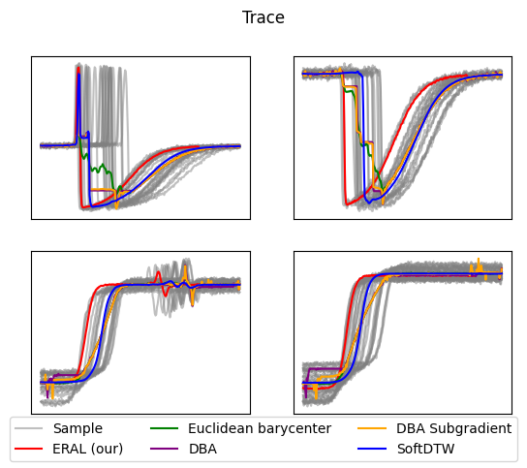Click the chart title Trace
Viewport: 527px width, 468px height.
263,17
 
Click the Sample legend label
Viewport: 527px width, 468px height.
77,428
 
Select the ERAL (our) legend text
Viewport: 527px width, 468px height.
88,449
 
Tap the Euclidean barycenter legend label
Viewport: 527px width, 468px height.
260,428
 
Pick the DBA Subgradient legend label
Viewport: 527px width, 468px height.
453,428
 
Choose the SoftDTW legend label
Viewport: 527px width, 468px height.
425,449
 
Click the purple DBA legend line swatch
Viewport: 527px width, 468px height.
164,449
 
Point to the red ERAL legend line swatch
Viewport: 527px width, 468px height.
28,449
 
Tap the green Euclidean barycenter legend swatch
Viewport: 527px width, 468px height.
164,428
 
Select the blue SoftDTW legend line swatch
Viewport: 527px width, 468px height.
372,449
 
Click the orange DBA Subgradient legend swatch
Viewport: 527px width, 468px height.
372,428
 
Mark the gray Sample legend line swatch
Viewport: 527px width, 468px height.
28,428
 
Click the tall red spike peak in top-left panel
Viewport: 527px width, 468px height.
78,68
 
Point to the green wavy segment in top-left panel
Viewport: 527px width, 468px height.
100,167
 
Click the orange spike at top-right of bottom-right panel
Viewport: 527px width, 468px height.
479,260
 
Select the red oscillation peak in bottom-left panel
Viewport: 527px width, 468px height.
159,274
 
